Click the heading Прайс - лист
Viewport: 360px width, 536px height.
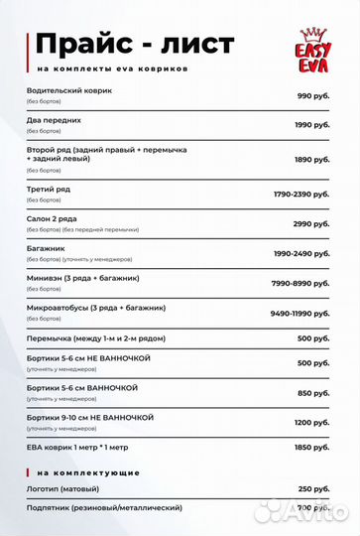135,45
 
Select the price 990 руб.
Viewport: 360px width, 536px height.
313,95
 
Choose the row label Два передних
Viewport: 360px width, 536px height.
54,120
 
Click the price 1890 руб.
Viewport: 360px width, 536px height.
311,159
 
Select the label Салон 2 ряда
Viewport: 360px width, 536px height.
55,217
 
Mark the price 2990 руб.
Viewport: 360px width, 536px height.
311,223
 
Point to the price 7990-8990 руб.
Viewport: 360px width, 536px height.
300,284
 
